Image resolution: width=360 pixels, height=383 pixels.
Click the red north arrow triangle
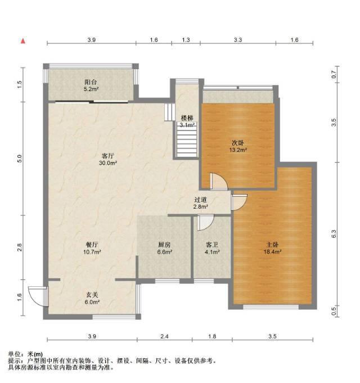(x=23, y=41)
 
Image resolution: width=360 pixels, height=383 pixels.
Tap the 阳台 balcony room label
(x=91, y=82)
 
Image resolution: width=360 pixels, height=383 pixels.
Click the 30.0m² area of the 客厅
(x=108, y=163)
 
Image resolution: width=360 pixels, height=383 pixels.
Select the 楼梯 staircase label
(x=187, y=118)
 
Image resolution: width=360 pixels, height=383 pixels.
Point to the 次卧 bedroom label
(x=237, y=143)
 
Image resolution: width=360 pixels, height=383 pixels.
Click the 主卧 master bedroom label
(x=272, y=245)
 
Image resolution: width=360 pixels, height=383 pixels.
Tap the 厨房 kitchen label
(x=164, y=245)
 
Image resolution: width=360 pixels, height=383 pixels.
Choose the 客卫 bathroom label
(x=212, y=245)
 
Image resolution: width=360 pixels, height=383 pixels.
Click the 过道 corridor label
(x=200, y=200)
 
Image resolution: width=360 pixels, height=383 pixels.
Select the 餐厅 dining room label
(x=92, y=245)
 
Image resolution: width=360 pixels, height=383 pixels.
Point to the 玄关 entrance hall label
(x=92, y=295)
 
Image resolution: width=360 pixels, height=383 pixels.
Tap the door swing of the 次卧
(x=219, y=182)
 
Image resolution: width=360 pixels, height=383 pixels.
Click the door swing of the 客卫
(x=205, y=223)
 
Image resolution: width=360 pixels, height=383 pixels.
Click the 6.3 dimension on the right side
(x=334, y=234)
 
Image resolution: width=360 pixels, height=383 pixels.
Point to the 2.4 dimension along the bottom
(x=164, y=336)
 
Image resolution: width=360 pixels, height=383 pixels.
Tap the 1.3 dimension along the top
(x=186, y=40)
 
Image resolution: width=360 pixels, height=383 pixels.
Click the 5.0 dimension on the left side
(x=20, y=159)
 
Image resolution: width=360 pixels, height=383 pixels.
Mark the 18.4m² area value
(x=273, y=252)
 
